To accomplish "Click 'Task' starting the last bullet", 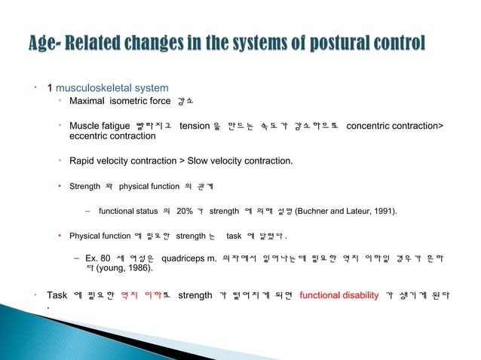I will [x=57, y=294].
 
